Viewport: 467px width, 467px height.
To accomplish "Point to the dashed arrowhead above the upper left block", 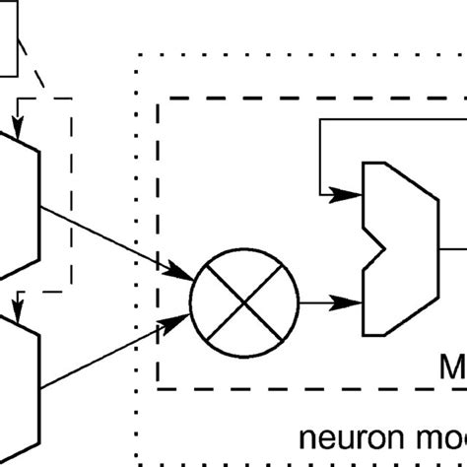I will [19, 122].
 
